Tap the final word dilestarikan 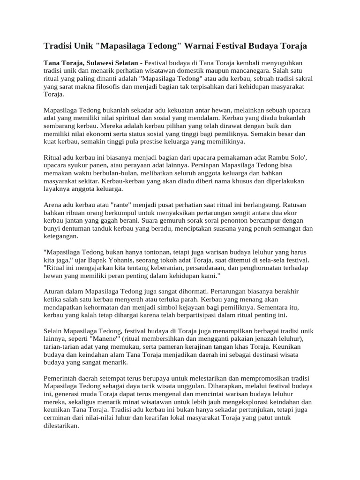click(x=60, y=427)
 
